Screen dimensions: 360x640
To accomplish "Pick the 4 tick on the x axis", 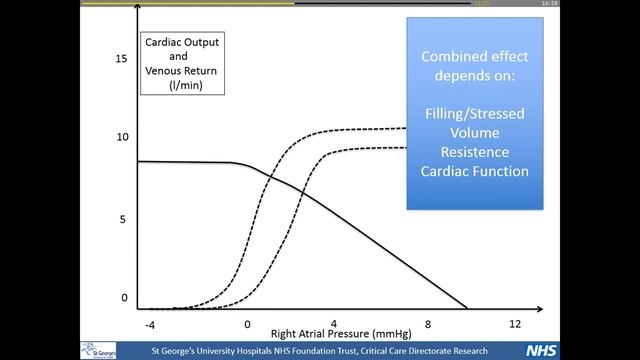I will pyautogui.click(x=333, y=325).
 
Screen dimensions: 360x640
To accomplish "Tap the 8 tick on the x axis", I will pyautogui.click(x=427, y=325).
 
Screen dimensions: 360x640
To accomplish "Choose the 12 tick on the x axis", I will pyautogui.click(x=516, y=325).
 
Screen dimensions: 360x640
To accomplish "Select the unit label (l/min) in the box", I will pyautogui.click(x=185, y=88).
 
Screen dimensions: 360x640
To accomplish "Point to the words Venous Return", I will pyautogui.click(x=185, y=73).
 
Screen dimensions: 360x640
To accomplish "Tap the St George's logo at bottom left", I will pyautogui.click(x=99, y=350).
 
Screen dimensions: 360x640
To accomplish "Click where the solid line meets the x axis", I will pyautogui.click(x=467, y=308).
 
